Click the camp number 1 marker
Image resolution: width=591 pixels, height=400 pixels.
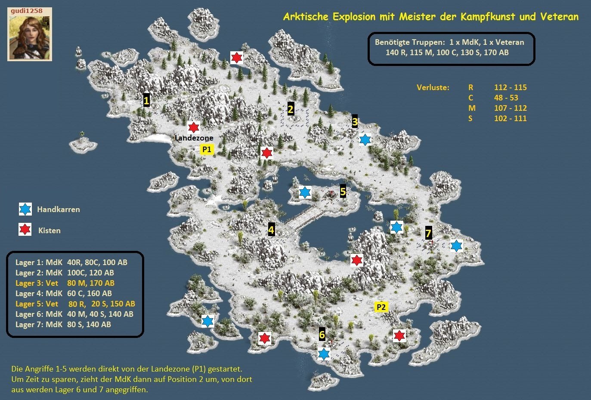click(x=146, y=100)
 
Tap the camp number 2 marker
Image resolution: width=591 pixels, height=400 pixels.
click(x=291, y=109)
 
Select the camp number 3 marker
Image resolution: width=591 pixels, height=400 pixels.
click(x=355, y=121)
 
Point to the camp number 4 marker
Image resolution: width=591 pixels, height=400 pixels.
click(x=271, y=229)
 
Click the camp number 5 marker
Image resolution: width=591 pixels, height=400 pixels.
click(x=343, y=191)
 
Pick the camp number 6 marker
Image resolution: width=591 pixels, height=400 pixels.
click(x=322, y=334)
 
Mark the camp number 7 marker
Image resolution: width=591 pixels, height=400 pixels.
click(x=428, y=233)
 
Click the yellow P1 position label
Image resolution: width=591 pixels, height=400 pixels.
click(x=207, y=150)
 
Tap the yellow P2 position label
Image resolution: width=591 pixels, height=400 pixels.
click(x=381, y=307)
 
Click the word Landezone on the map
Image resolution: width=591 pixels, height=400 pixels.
click(x=194, y=138)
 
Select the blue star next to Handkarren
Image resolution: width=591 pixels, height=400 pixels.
click(x=25, y=209)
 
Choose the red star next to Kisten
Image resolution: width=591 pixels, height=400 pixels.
click(x=25, y=229)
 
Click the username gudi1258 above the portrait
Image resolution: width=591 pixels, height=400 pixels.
click(x=27, y=11)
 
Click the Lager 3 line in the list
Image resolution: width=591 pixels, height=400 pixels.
click(x=65, y=283)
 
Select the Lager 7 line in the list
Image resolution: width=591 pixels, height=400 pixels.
click(x=63, y=324)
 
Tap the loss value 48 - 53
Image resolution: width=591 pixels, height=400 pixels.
click(x=506, y=98)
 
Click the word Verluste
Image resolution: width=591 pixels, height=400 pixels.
click(x=433, y=87)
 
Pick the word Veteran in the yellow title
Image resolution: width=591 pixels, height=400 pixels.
click(x=559, y=17)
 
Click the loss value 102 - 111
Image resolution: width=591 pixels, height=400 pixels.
click(x=510, y=119)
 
